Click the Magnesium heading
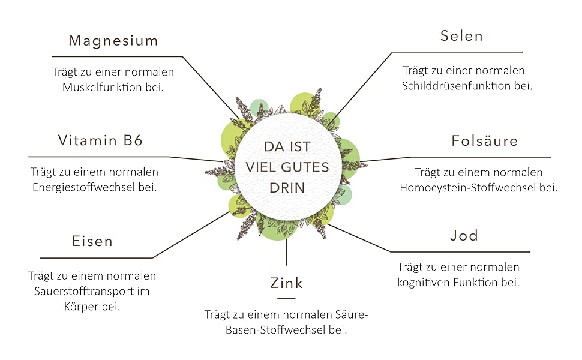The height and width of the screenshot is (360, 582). pyautogui.click(x=113, y=41)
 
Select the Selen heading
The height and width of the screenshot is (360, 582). pyautogui.click(x=461, y=36)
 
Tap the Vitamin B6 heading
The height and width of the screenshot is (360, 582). pyautogui.click(x=100, y=140)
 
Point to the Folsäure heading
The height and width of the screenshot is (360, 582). pyautogui.click(x=484, y=141)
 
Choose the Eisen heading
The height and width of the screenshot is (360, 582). pyautogui.click(x=92, y=241)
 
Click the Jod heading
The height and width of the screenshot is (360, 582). pyautogui.click(x=464, y=235)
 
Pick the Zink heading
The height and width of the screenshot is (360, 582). pyautogui.click(x=287, y=283)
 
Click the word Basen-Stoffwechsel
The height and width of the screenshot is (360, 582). pyautogui.click(x=263, y=329)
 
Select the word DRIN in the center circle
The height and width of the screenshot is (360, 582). pyautogui.click(x=287, y=188)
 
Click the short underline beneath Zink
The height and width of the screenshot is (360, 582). pyautogui.click(x=287, y=298)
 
